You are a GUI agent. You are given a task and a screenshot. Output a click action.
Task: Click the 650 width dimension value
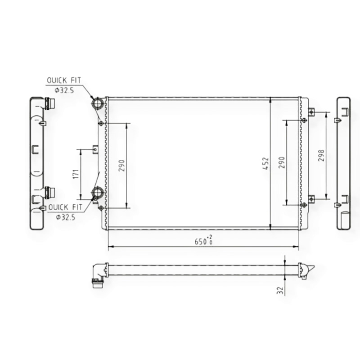200,242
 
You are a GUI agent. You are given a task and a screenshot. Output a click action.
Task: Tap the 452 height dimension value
265,163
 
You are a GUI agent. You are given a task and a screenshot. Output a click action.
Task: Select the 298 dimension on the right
321,155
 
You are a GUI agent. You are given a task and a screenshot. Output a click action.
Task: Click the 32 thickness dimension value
280,290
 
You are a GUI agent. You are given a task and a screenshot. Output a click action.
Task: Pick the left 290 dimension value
121,166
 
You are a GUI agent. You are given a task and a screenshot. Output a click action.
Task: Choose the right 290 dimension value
282,162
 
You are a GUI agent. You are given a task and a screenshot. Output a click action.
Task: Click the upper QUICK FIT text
64,81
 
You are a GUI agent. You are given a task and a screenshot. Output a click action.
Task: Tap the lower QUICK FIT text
65,207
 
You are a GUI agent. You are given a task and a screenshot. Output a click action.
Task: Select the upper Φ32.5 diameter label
64,90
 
